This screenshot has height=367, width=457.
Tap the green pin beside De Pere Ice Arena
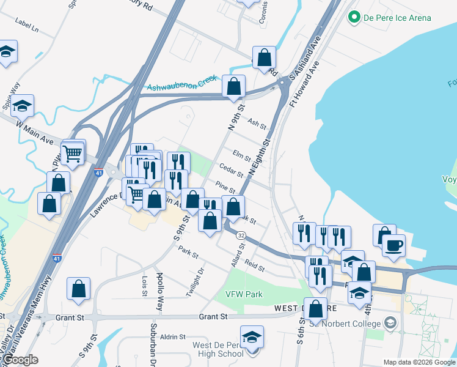pyautogui.click(x=353, y=18)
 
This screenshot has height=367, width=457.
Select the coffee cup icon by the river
pyautogui.click(x=393, y=246)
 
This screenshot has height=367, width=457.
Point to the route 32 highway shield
pyautogui.click(x=241, y=235)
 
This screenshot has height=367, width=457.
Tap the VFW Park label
pyautogui.click(x=244, y=294)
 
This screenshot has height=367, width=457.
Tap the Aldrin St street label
pyautogui.click(x=173, y=337)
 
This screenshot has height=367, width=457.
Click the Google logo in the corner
pyautogui.click(x=20, y=360)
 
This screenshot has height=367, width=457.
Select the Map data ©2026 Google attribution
pyautogui.click(x=419, y=361)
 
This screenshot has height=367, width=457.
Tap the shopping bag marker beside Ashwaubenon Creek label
pyautogui.click(x=233, y=87)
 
